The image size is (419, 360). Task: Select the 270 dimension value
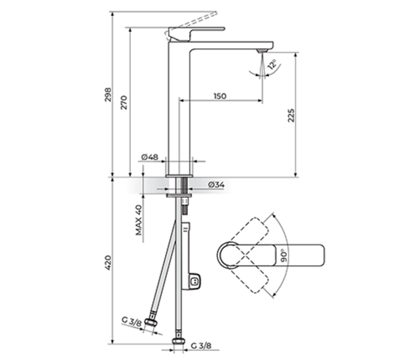(x=125, y=103)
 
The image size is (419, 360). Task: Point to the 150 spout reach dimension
(x=220, y=96)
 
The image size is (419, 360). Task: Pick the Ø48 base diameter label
(x=149, y=157)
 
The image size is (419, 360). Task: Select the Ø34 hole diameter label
(x=216, y=185)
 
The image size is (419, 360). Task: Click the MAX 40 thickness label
(x=138, y=220)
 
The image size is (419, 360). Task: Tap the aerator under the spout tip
(x=261, y=52)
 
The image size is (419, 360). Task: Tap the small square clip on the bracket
(x=194, y=280)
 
